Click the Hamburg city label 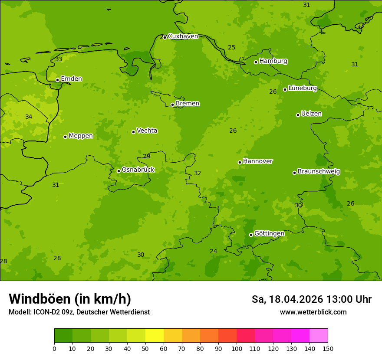[x=273, y=61]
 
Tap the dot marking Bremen [x=172, y=105]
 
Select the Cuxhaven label [x=183, y=36]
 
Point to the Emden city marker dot [x=57, y=80]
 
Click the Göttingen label [x=269, y=234]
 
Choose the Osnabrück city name [x=138, y=170]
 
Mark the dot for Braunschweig [x=294, y=173]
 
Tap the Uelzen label [x=311, y=114]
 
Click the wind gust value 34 [x=29, y=117]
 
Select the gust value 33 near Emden [x=59, y=59]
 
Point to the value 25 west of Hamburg [x=232, y=48]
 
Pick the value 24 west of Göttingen [x=214, y=252]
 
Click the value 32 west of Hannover [x=198, y=173]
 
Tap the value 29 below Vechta [x=147, y=157]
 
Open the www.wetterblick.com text [x=313, y=312]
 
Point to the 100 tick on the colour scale [x=237, y=348]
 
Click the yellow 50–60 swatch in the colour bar [x=155, y=336]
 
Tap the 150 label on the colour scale [x=328, y=348]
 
